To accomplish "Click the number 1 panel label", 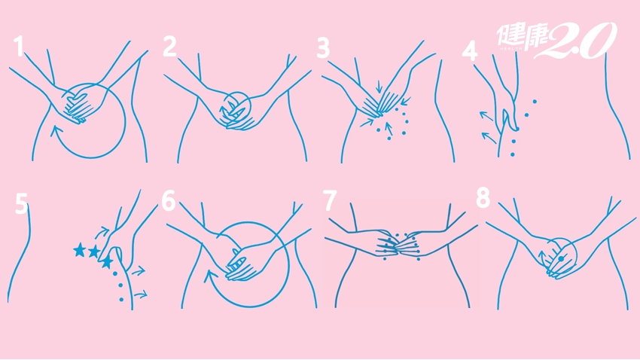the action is click(x=18, y=46).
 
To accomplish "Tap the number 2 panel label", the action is click(x=169, y=46).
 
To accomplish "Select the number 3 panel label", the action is click(x=323, y=47).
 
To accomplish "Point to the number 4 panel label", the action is click(x=470, y=52).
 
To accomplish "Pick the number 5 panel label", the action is click(x=22, y=204).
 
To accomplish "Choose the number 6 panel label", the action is click(x=168, y=201).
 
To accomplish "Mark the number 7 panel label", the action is click(x=330, y=200).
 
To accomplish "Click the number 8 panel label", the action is click(x=483, y=198).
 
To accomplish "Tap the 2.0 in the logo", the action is click(x=580, y=40).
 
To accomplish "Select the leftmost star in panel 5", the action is click(x=79, y=249).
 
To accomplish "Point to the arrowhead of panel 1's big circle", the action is click(x=56, y=133).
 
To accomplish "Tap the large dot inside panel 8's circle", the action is click(x=561, y=259).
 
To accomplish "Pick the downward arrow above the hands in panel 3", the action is click(x=379, y=86).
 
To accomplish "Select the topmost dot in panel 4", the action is click(x=535, y=101).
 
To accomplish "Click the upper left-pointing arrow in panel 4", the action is click(x=486, y=116).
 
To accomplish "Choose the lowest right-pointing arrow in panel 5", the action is click(x=140, y=294).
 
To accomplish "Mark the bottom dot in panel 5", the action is click(x=121, y=300).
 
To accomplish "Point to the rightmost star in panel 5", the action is click(x=107, y=261).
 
